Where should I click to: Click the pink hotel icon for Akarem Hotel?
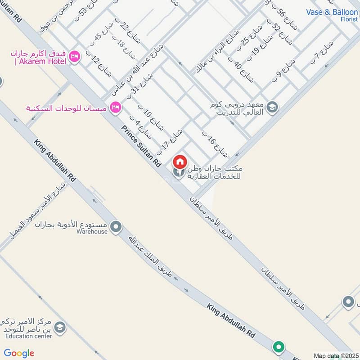pos(75,56)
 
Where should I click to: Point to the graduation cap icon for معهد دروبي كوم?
pos(272,107)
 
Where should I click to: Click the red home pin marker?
pos(180,162)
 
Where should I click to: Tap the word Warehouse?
pos(92,232)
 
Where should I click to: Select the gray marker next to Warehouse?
pos(116,227)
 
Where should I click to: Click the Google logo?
pos(19,353)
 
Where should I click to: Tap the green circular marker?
pos(279,347)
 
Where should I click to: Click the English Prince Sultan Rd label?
pos(141,147)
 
